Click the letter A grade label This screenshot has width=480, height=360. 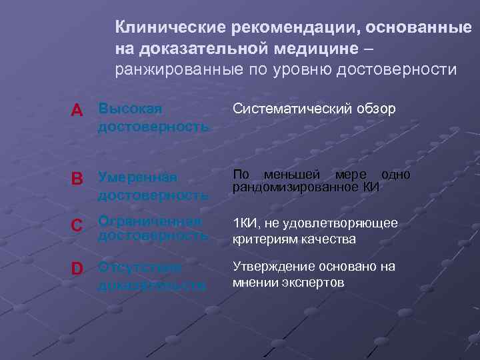[78, 111]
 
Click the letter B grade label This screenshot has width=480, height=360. [78, 179]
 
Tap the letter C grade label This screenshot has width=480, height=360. [78, 226]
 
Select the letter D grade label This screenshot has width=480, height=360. [78, 269]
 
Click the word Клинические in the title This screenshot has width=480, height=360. [171, 27]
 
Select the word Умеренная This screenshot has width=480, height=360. [137, 177]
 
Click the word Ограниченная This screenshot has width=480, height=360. [149, 221]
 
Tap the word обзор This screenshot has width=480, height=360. [378, 108]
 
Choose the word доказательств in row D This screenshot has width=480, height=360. [152, 285]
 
